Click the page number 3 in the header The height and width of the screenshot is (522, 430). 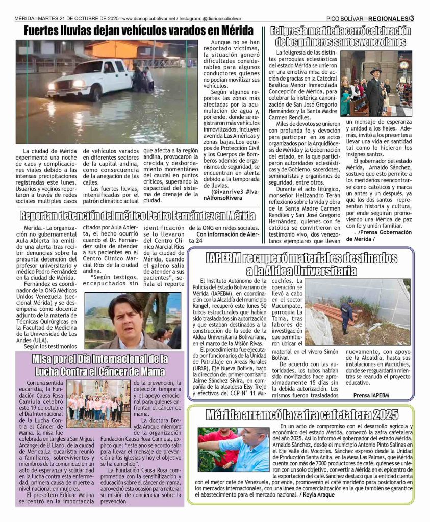click(412, 19)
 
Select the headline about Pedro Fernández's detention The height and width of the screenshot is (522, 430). click(138, 215)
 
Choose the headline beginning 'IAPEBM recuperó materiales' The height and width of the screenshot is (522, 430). click(301, 264)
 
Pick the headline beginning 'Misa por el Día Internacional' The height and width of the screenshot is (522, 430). click(100, 364)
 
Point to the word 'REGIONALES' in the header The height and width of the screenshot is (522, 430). click(388, 19)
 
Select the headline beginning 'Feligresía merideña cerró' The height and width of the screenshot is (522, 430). click(340, 36)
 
